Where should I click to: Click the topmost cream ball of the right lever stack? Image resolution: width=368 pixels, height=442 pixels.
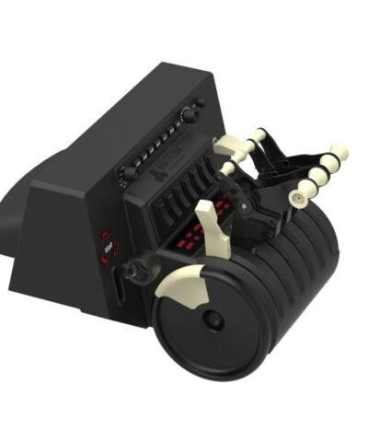pyautogui.click(x=339, y=150)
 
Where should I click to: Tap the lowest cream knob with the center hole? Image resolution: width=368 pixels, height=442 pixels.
pyautogui.click(x=299, y=196)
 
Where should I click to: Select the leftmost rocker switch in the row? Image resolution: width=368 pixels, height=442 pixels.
pyautogui.click(x=157, y=212)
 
